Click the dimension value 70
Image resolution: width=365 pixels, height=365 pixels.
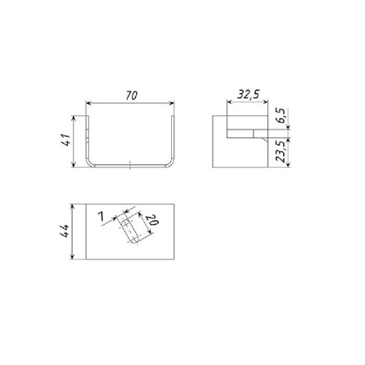coord(131,96)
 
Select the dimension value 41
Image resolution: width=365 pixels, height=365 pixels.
coord(66,140)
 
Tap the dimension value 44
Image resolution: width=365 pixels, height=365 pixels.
coord(64,231)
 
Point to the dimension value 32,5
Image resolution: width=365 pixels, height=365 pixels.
coord(248,94)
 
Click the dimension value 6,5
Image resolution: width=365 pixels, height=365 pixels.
coord(281,115)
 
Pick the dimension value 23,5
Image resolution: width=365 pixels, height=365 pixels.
coord(281,151)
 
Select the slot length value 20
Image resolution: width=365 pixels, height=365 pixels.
coord(153,220)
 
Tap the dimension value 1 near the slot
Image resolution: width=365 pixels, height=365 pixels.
coord(102,217)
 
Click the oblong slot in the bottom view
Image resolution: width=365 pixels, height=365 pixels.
coord(130,232)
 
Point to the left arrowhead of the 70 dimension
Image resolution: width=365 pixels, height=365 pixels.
coord(88,103)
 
